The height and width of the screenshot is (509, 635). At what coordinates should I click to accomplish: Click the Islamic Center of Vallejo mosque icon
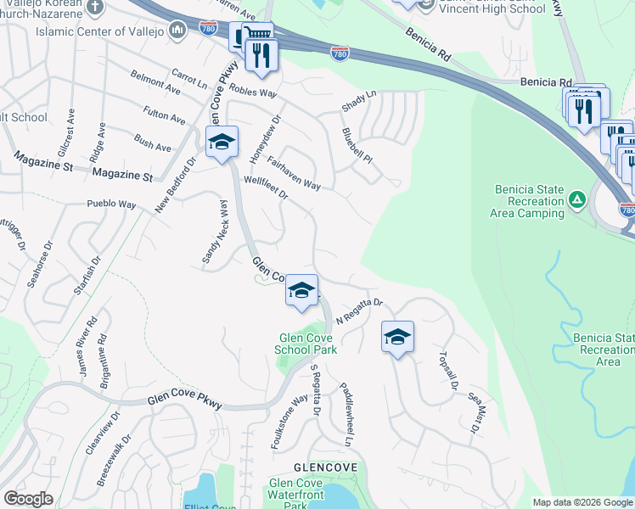(x=177, y=32)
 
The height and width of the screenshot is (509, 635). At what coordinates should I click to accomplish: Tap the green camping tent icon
(x=577, y=200)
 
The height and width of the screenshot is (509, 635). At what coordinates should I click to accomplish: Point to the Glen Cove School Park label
(x=308, y=344)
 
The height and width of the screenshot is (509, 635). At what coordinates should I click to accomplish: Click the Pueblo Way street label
(x=111, y=204)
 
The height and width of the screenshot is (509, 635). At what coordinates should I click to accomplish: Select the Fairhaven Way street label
(x=293, y=172)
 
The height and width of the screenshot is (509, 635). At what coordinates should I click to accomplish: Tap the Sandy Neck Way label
(x=214, y=234)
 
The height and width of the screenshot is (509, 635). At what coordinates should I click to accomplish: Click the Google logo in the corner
(x=28, y=499)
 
